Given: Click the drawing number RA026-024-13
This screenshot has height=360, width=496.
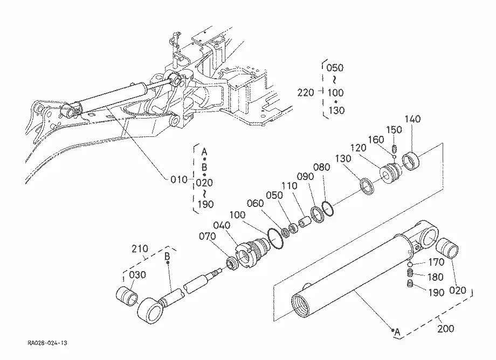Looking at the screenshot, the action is click(x=47, y=343).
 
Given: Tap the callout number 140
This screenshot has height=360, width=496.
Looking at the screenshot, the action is click(x=413, y=119).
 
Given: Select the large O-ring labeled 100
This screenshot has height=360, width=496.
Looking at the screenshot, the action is click(x=275, y=239).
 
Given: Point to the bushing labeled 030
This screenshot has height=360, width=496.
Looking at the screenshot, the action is click(x=127, y=297).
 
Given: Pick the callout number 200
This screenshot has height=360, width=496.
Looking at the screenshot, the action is click(x=446, y=329).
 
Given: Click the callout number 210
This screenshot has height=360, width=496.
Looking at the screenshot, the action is click(x=140, y=249).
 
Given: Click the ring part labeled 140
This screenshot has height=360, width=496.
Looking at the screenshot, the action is click(x=411, y=161).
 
